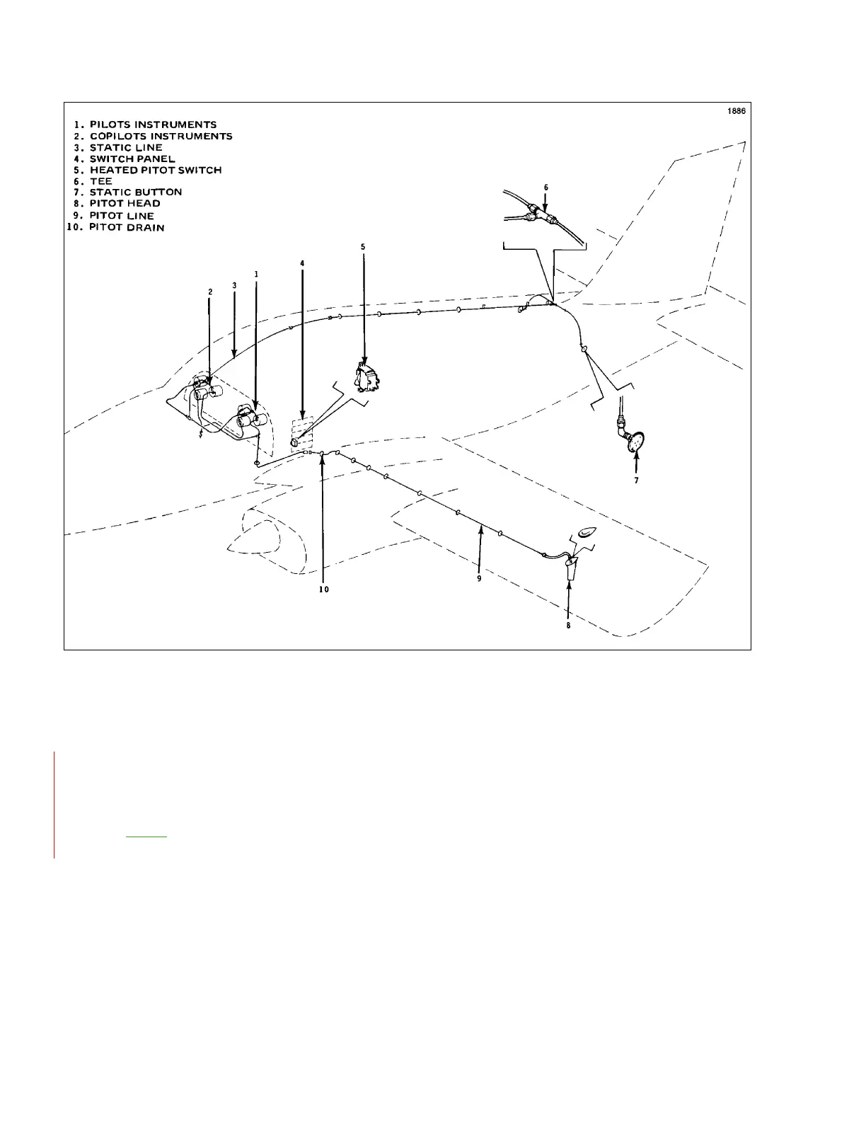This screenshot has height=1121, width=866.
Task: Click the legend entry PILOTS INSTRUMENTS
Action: click(x=152, y=125)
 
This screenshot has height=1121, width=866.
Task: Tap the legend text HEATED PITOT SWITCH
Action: click(x=155, y=170)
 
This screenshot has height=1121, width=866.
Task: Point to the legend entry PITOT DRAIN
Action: click(x=127, y=227)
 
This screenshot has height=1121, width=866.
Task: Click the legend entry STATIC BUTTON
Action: click(x=135, y=192)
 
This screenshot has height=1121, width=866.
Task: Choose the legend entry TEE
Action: click(x=100, y=181)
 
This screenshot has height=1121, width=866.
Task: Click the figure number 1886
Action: click(x=737, y=111)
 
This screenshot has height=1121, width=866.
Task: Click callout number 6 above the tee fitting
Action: click(x=545, y=187)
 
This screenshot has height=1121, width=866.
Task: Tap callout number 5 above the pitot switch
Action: click(x=363, y=247)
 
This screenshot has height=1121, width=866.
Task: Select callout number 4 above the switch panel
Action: click(x=302, y=263)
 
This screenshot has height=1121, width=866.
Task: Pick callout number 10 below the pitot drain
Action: click(x=323, y=590)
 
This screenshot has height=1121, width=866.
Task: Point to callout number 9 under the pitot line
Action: click(x=479, y=578)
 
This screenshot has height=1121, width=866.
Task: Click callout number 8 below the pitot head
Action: click(x=568, y=625)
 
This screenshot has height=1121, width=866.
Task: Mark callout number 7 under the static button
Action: click(x=636, y=481)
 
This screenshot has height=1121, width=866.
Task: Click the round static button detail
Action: click(x=637, y=442)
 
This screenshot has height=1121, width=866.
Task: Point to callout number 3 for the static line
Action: click(x=234, y=285)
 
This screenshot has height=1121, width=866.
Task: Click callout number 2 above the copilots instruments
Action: click(x=210, y=292)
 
